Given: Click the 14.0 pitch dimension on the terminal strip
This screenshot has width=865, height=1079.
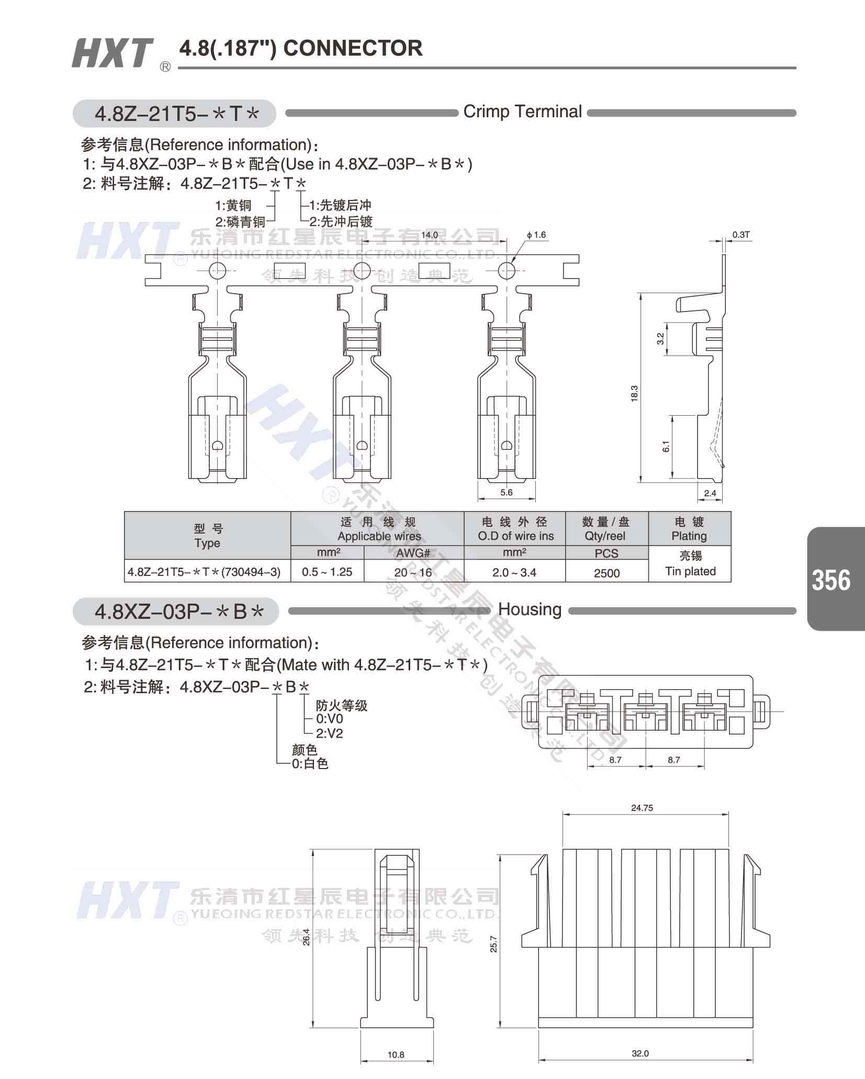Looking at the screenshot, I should pyautogui.click(x=429, y=235).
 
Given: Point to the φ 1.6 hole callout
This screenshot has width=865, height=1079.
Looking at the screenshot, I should pyautogui.click(x=536, y=235).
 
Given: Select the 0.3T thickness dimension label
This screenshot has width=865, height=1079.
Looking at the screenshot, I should pyautogui.click(x=741, y=235).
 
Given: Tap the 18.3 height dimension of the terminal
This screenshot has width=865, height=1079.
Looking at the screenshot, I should pyautogui.click(x=634, y=393).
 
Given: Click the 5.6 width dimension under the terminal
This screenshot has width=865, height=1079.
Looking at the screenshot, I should pyautogui.click(x=506, y=492).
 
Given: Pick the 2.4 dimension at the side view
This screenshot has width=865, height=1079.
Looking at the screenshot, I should pyautogui.click(x=710, y=493).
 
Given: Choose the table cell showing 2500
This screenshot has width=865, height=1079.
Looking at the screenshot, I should pyautogui.click(x=606, y=573).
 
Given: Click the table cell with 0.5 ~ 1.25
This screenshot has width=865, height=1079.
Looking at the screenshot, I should pyautogui.click(x=327, y=572).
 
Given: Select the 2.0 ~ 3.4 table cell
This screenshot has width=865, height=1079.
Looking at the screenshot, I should pyautogui.click(x=514, y=572).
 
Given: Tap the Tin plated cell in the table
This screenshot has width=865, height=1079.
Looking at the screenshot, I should pyautogui.click(x=690, y=571).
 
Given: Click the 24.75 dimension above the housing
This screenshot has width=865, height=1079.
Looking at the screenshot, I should pyautogui.click(x=642, y=808).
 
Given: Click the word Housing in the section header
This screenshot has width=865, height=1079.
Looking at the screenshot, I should pyautogui.click(x=530, y=609).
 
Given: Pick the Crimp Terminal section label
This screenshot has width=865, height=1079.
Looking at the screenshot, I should pyautogui.click(x=522, y=112).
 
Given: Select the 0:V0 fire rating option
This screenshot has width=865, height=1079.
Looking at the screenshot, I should pyautogui.click(x=330, y=719).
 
